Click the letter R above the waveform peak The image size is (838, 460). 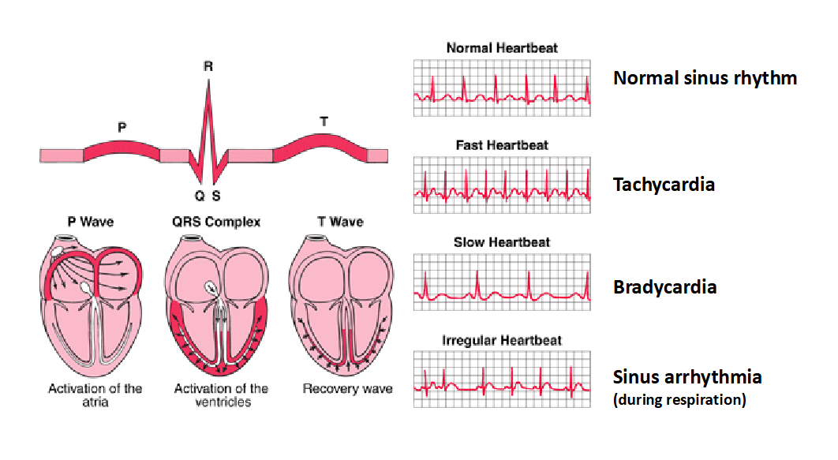(x=208, y=66)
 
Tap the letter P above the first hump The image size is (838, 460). (x=122, y=127)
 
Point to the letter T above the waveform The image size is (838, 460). (x=324, y=122)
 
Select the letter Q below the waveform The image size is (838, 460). (x=200, y=196)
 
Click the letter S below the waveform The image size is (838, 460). (x=216, y=196)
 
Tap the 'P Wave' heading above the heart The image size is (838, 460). (x=91, y=222)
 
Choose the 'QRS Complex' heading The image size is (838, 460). (x=216, y=222)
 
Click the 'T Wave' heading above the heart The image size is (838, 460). (x=340, y=222)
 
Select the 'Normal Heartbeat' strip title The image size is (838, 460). (x=502, y=48)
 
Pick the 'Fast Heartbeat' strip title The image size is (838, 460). (x=502, y=145)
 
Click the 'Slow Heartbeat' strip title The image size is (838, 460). (x=502, y=242)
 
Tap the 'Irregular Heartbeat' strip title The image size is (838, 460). (x=502, y=340)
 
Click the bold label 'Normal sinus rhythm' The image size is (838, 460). (x=705, y=78)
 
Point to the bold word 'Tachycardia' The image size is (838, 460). (x=664, y=185)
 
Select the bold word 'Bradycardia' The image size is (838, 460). (x=665, y=287)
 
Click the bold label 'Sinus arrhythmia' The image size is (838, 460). (x=687, y=377)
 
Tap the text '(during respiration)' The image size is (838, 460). (x=679, y=399)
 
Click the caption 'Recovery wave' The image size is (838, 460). (x=347, y=389)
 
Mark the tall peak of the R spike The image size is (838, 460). (x=208, y=80)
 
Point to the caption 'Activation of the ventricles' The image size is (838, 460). (x=221, y=395)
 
